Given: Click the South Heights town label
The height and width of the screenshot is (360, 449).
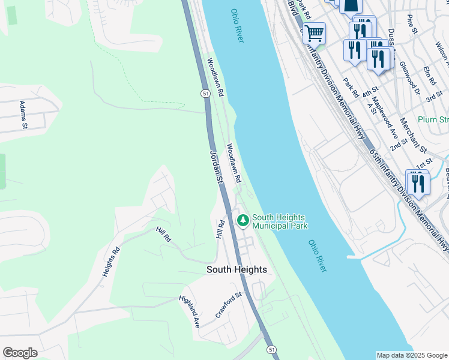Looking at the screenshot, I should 237,270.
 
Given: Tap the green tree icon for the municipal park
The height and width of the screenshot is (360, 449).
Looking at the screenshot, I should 243,221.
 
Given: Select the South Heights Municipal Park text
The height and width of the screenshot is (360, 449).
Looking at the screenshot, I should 280,221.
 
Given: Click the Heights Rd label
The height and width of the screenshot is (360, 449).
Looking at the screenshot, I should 111,262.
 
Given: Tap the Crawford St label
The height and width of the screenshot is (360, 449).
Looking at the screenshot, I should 229,305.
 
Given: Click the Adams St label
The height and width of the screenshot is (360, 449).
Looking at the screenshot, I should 24,115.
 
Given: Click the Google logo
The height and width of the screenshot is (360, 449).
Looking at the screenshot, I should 20,353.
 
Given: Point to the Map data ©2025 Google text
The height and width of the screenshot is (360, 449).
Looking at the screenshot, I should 412,355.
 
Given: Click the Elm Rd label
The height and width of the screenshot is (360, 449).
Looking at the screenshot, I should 429,76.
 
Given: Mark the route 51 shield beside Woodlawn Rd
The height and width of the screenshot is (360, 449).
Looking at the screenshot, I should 205,94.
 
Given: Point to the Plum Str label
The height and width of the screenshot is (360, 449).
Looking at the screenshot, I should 433,119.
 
